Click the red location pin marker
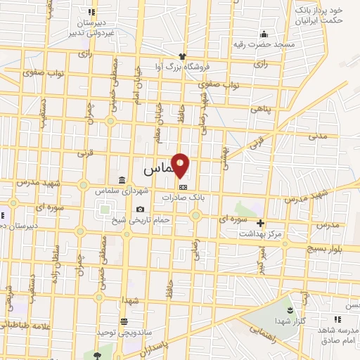tap(181, 165)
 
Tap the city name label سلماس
tap(158, 169)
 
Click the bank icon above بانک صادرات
tap(184, 188)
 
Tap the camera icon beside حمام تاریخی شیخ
tap(141, 209)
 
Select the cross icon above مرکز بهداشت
tap(260, 224)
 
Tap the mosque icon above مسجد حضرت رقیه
tap(264, 34)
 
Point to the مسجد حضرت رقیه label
tap(265, 44)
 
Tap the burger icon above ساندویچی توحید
tap(124, 321)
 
